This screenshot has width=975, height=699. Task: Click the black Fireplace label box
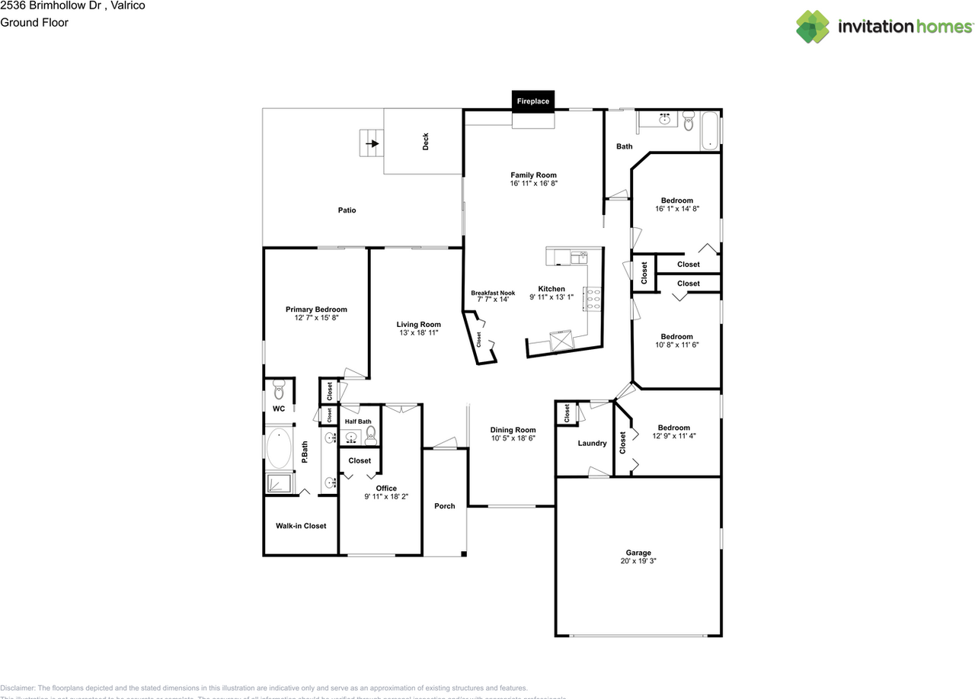[533, 101]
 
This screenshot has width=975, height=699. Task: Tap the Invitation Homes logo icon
[813, 27]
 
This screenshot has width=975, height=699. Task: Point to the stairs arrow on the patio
[372, 143]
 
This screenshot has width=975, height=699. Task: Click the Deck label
[425, 142]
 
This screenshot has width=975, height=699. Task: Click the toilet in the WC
[278, 392]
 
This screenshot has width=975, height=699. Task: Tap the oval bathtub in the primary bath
[279, 450]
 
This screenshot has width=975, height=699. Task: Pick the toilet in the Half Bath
[371, 435]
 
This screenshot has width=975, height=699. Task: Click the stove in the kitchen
[592, 299]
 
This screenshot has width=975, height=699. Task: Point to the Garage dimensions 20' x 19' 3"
[638, 561]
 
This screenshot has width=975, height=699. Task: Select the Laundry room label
[592, 444]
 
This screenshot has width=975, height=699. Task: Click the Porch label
[445, 506]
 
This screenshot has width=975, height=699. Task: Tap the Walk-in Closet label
[301, 526]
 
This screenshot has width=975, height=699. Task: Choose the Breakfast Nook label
[493, 293]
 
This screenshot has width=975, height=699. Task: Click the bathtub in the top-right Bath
[710, 130]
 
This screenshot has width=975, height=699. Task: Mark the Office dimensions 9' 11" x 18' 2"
[386, 497]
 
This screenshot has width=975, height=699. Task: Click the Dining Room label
[513, 430]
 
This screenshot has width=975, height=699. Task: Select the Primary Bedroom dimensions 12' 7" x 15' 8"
[316, 318]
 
